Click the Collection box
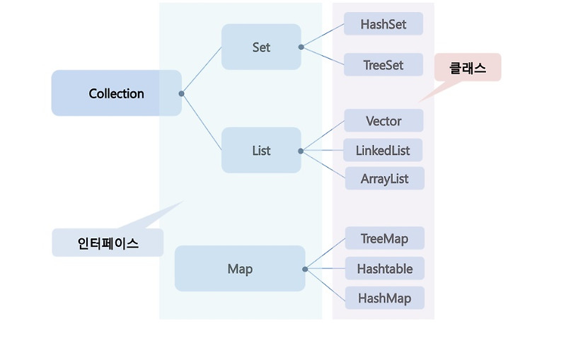[x=116, y=93]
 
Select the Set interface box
[x=261, y=47]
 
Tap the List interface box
[x=261, y=151]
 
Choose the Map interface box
[x=240, y=269]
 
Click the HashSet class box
[x=383, y=24]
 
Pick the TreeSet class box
[x=383, y=65]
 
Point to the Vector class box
[x=383, y=121]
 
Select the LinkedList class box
[x=383, y=151]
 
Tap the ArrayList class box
[x=384, y=179]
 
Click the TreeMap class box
[x=384, y=239]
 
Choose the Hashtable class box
[x=384, y=269]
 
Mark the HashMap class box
[x=384, y=298]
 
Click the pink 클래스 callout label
[x=468, y=68]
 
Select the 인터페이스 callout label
[x=108, y=243]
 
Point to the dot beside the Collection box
[x=182, y=93]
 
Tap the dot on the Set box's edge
[x=301, y=47]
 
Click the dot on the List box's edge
[x=301, y=151]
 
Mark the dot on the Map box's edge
[x=305, y=269]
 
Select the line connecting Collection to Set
[x=202, y=70]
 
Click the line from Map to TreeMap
[x=325, y=254]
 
